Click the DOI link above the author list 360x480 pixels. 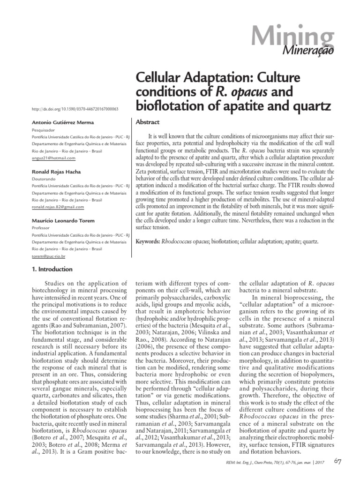coord(74,109)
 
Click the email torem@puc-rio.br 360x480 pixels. coord(48,257)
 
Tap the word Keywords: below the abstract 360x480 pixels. coord(147,242)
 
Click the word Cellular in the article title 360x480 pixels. coord(160,76)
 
